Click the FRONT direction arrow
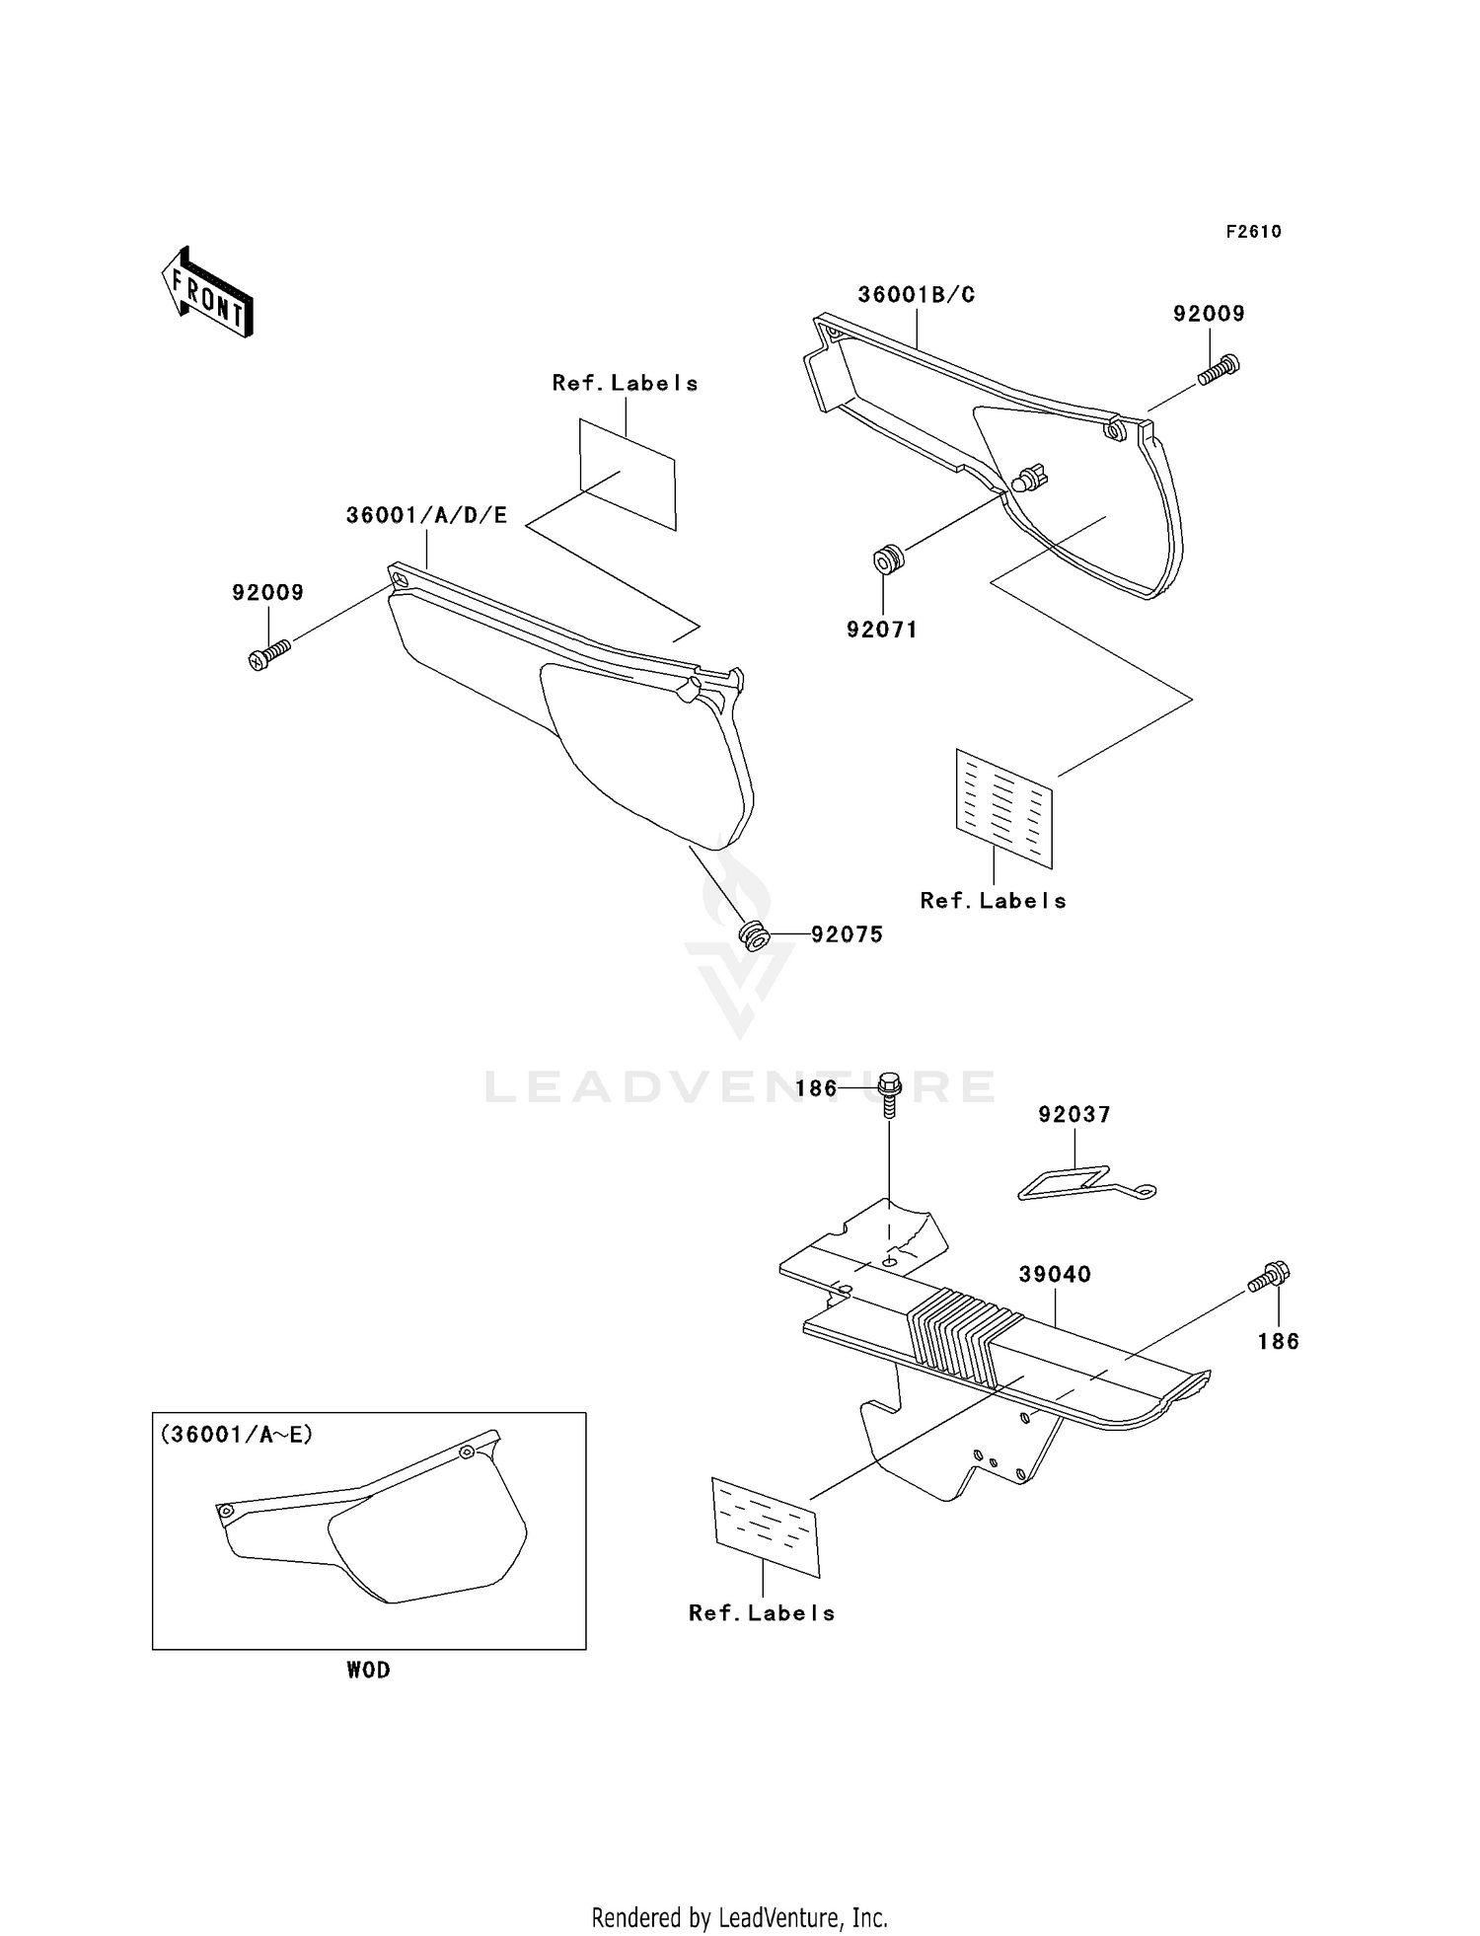tap(208, 293)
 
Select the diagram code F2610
tap(1253, 232)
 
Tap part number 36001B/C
tap(916, 295)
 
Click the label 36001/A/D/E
tap(426, 516)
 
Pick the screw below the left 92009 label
tap(269, 653)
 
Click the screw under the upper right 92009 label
tap(1219, 370)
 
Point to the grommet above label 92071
tap(888, 559)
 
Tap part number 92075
tap(847, 934)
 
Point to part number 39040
tap(1055, 1274)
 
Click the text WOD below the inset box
tap(368, 1670)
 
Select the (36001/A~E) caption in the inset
tap(237, 1435)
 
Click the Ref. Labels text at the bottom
tap(762, 1613)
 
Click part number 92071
tap(882, 630)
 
